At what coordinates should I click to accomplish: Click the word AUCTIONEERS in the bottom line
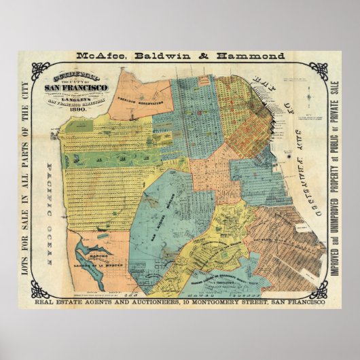click(155, 304)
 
